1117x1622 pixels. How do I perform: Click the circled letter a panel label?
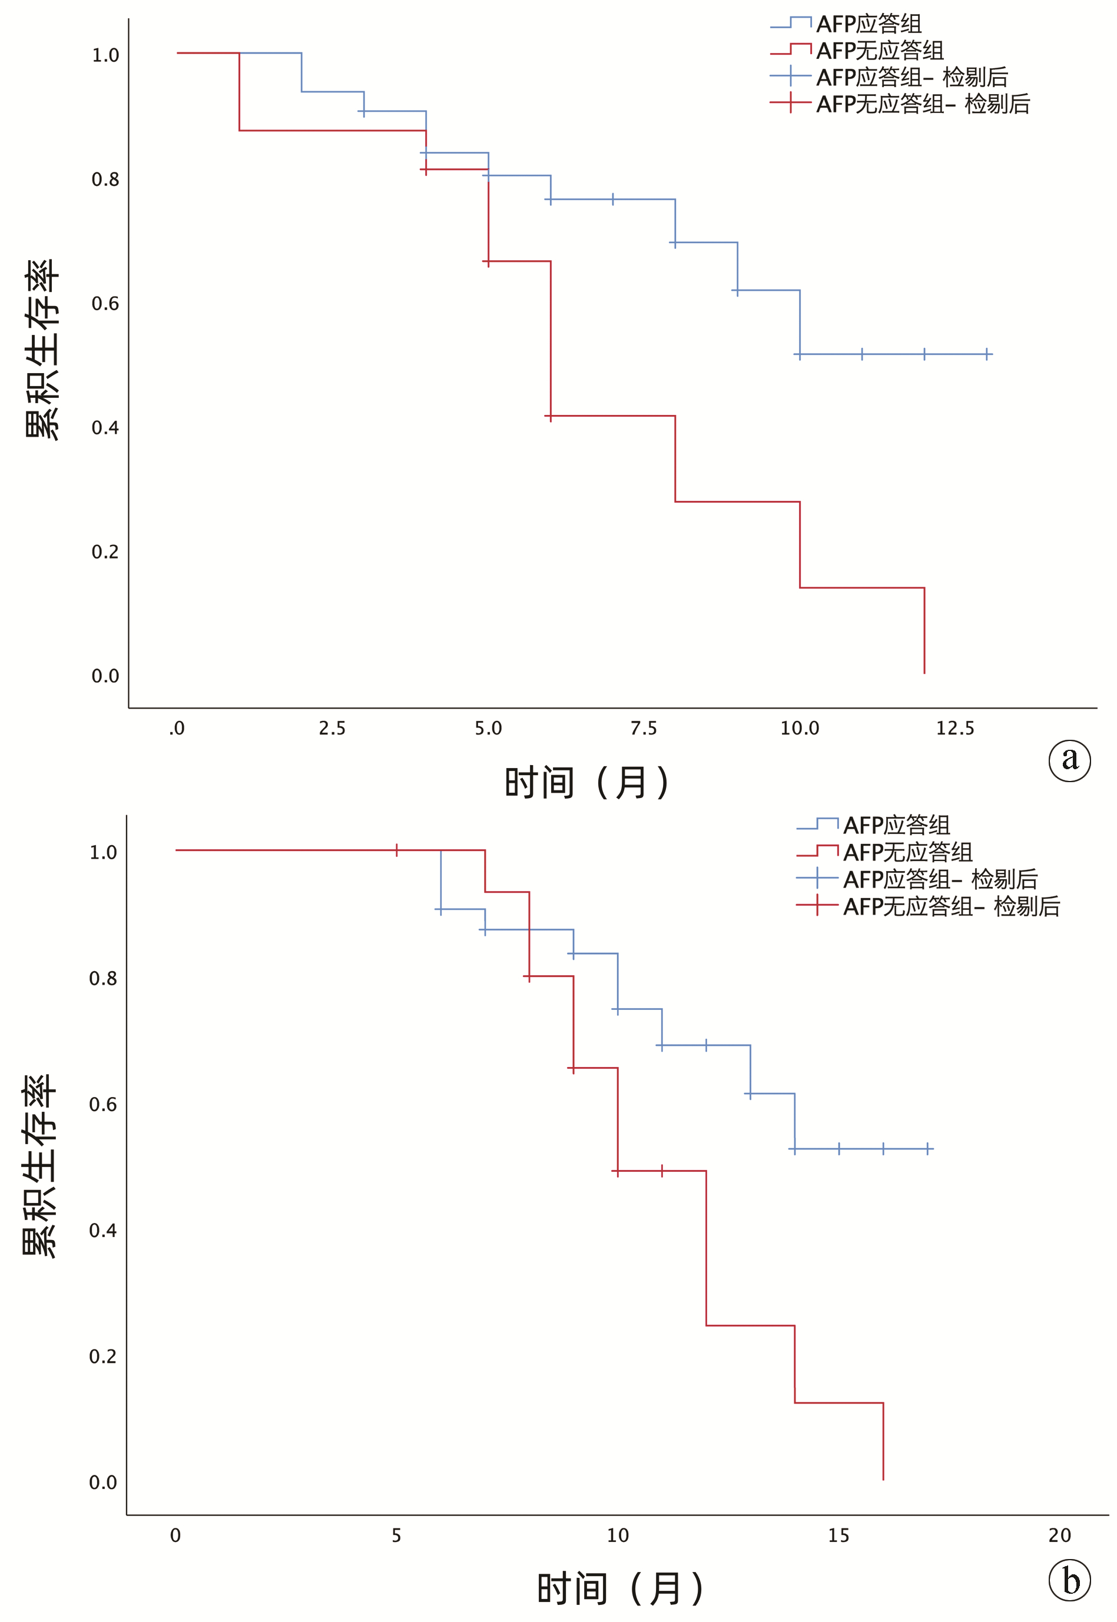[x=1069, y=760]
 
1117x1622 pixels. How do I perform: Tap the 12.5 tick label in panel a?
[x=954, y=728]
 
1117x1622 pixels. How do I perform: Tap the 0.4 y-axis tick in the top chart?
[x=105, y=427]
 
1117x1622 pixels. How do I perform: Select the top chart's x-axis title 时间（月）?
[x=586, y=782]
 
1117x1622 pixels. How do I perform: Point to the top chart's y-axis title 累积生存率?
[x=42, y=349]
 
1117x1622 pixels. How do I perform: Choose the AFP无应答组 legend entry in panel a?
[x=879, y=51]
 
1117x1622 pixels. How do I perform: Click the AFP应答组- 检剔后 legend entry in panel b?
[x=939, y=879]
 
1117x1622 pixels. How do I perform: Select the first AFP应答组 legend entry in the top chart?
[x=868, y=24]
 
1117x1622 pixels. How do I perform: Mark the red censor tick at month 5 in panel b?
[x=397, y=850]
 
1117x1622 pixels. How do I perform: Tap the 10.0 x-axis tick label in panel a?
[x=799, y=728]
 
